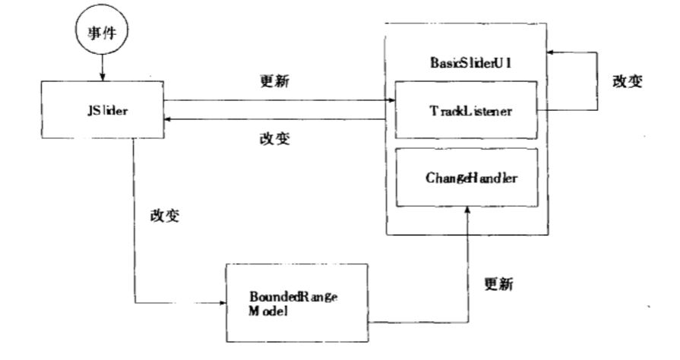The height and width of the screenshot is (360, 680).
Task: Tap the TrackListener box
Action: tap(464, 110)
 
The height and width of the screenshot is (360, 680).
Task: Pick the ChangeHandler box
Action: tap(464, 178)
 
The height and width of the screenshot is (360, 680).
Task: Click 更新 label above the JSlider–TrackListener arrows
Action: tap(274, 81)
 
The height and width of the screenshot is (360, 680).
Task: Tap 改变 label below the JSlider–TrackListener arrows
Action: tap(274, 139)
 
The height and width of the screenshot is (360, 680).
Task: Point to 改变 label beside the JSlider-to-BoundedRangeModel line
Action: tap(169, 215)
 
